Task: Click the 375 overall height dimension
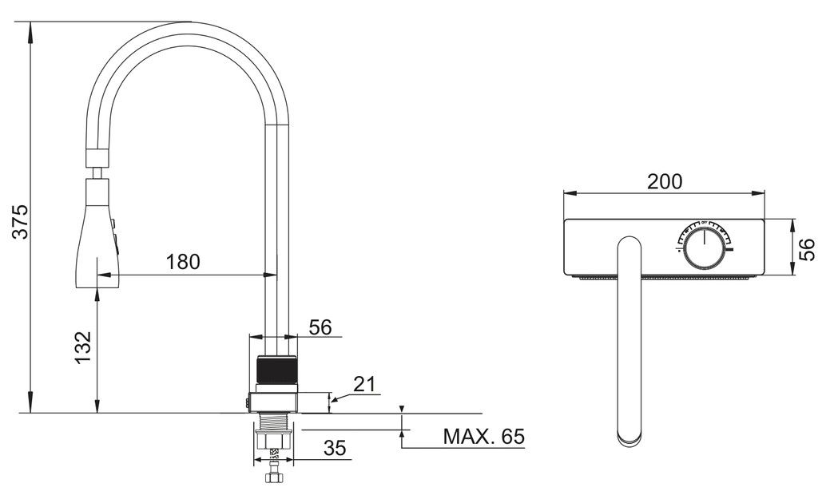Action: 20,222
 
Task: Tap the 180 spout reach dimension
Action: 183,262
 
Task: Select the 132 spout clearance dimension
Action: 83,347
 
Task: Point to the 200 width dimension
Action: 665,182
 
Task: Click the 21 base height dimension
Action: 366,384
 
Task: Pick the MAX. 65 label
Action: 484,437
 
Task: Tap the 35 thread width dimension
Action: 335,448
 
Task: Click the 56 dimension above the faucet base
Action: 320,327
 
